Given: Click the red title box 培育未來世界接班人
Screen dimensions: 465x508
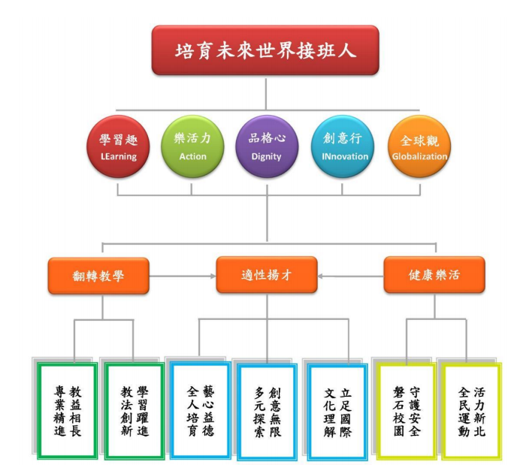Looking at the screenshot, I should coord(265,51).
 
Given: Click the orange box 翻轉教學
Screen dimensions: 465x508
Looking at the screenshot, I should coord(98,275).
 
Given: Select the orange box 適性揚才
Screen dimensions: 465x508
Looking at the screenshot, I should coord(266,275).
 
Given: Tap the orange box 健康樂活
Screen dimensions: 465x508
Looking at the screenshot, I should coord(434,275).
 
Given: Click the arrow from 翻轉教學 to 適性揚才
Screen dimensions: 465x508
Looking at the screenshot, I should coord(181,276).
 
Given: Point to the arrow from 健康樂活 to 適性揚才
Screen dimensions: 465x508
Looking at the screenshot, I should coord(350,276).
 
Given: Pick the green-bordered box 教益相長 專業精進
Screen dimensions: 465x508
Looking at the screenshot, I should coord(67,410).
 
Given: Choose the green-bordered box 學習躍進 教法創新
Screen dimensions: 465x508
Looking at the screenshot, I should coord(134,410).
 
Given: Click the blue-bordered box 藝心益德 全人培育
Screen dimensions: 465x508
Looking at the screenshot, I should coord(199,410).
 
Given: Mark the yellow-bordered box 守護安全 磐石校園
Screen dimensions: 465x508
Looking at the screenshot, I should coord(406,410).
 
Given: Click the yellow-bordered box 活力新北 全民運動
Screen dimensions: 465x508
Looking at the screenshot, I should coord(471,410).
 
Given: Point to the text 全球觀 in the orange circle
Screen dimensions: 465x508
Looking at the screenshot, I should coord(419,140).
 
